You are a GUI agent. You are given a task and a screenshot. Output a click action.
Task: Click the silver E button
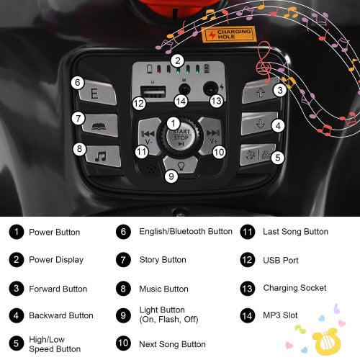[x=97, y=93]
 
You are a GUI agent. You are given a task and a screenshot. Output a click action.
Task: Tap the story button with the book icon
[x=100, y=125]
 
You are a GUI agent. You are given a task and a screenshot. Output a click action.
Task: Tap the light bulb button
[x=181, y=165]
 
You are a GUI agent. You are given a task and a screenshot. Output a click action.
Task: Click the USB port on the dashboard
[x=153, y=92]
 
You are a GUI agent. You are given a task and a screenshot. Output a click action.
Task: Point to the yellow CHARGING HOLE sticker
[x=228, y=34]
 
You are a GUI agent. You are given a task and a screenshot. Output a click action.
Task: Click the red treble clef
[x=264, y=62]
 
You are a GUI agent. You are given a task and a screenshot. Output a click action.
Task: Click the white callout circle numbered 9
[x=171, y=176]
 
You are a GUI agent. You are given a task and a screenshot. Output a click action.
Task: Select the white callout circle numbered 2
[x=178, y=60]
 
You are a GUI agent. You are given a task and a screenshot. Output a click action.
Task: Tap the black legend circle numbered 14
[x=247, y=315]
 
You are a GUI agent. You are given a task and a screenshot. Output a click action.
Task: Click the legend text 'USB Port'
[x=281, y=260]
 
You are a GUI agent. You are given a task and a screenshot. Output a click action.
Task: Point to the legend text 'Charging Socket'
[x=294, y=288]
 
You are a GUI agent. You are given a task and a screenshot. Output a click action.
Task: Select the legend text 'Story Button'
[x=163, y=260]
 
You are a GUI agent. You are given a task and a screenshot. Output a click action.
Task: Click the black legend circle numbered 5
[x=17, y=343]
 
